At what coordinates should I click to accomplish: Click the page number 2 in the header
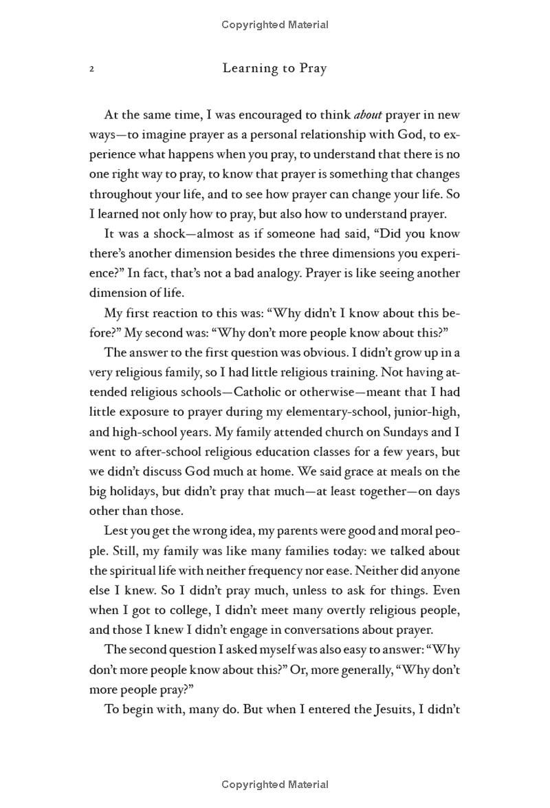91,69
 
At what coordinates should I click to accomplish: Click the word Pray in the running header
309,68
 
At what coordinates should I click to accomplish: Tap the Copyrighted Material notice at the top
275,25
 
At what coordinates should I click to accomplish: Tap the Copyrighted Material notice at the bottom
275,785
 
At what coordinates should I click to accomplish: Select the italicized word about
368,114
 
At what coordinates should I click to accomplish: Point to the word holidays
137,492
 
